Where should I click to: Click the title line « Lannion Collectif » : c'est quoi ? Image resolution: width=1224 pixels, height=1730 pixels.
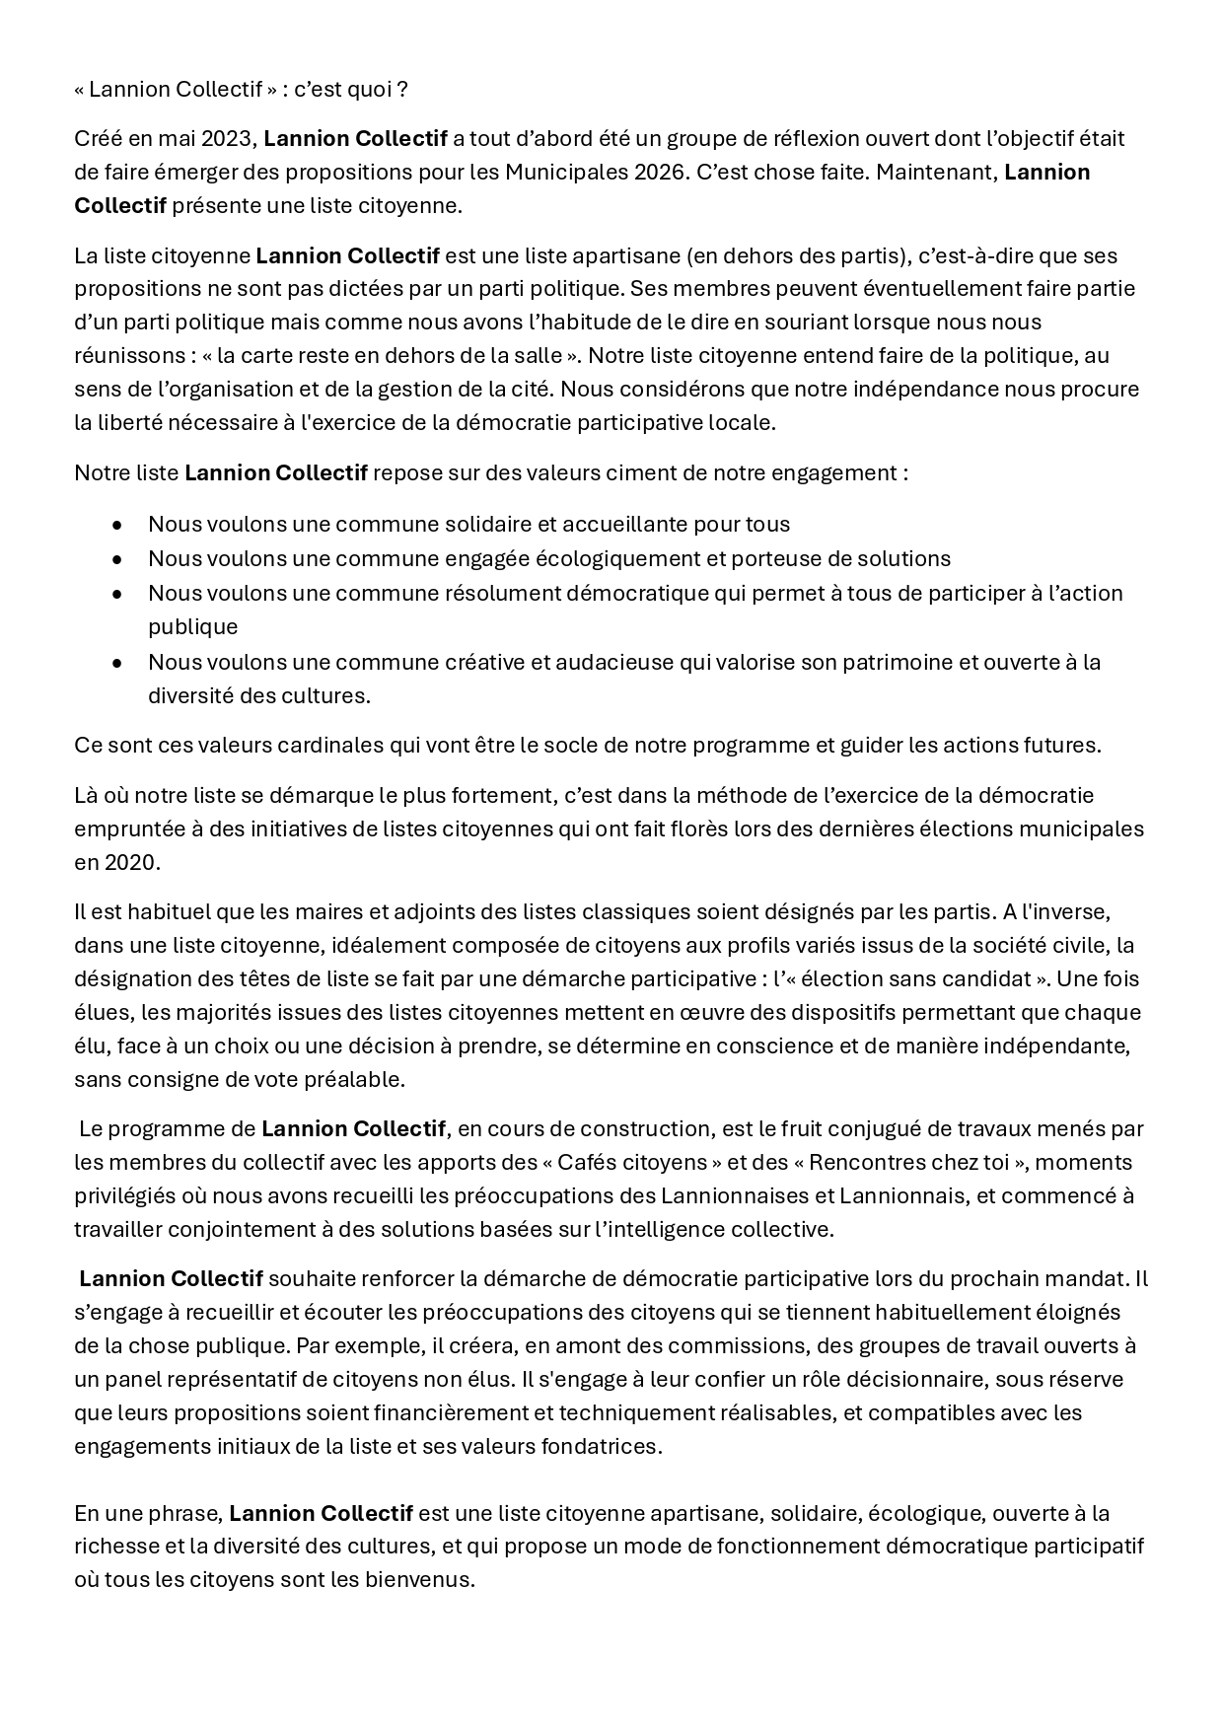[241, 90]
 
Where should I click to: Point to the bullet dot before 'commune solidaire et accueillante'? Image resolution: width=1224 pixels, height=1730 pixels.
[117, 525]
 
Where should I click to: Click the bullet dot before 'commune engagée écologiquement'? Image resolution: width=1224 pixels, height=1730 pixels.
[117, 559]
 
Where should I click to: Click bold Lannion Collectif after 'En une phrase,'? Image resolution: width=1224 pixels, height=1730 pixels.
[321, 1514]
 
